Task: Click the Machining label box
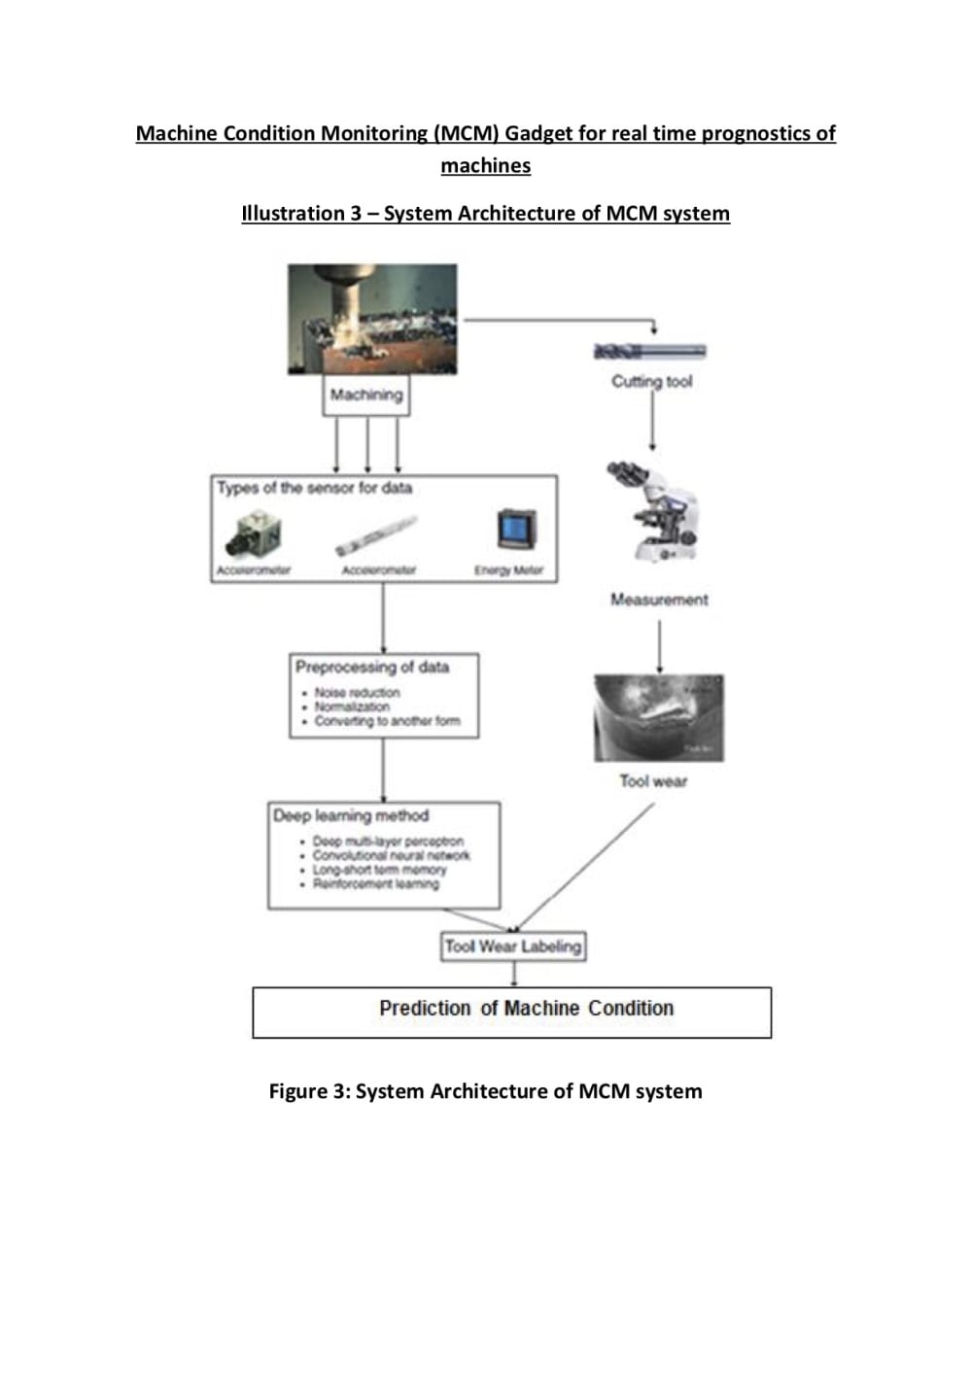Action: [x=365, y=395]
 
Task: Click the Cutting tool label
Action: [x=651, y=382]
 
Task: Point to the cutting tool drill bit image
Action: [x=649, y=352]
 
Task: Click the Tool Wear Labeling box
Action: [x=513, y=945]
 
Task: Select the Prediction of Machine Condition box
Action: [x=512, y=1012]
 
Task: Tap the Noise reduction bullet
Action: [x=357, y=693]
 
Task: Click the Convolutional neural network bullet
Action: [x=391, y=856]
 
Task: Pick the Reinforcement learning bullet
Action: [x=375, y=884]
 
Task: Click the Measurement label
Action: [x=659, y=600]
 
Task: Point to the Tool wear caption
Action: [x=653, y=780]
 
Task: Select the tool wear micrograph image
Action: [x=658, y=717]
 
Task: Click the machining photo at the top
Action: [x=372, y=319]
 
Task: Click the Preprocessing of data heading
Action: [x=372, y=668]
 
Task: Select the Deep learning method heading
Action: [x=351, y=816]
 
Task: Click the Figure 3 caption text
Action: [x=485, y=1091]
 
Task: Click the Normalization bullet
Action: [x=352, y=706]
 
